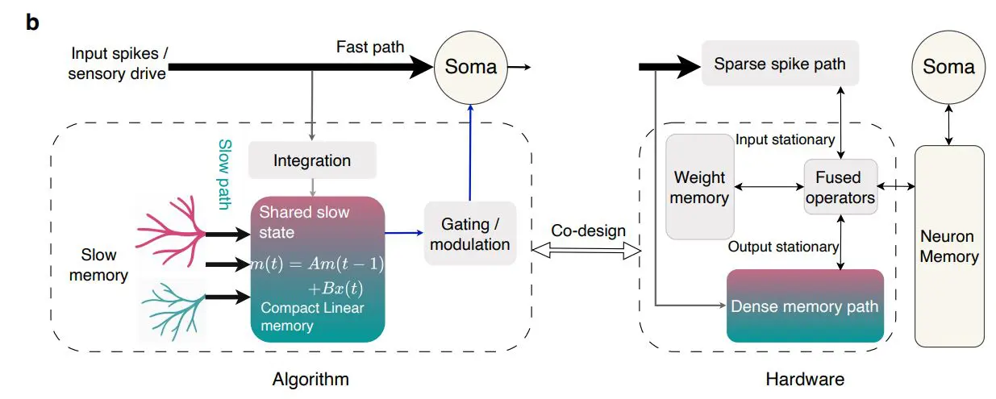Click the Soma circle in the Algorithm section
tap(471, 67)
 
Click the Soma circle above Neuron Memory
tap(948, 67)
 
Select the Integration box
tap(312, 160)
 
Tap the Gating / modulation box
tap(469, 233)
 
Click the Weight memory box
tap(700, 187)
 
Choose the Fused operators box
tap(840, 187)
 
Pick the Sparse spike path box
tap(779, 64)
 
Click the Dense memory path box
tap(805, 306)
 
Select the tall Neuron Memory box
tap(948, 246)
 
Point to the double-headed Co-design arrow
tap(588, 252)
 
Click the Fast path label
tap(370, 47)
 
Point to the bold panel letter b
tap(32, 22)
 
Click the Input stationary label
tap(785, 139)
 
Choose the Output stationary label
tap(783, 247)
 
